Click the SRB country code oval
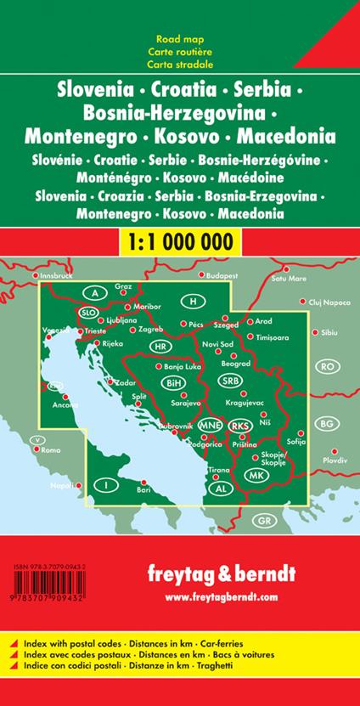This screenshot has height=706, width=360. pyautogui.click(x=231, y=381)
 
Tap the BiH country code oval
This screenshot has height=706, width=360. pyautogui.click(x=173, y=383)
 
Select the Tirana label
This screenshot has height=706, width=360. pyautogui.click(x=219, y=469)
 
